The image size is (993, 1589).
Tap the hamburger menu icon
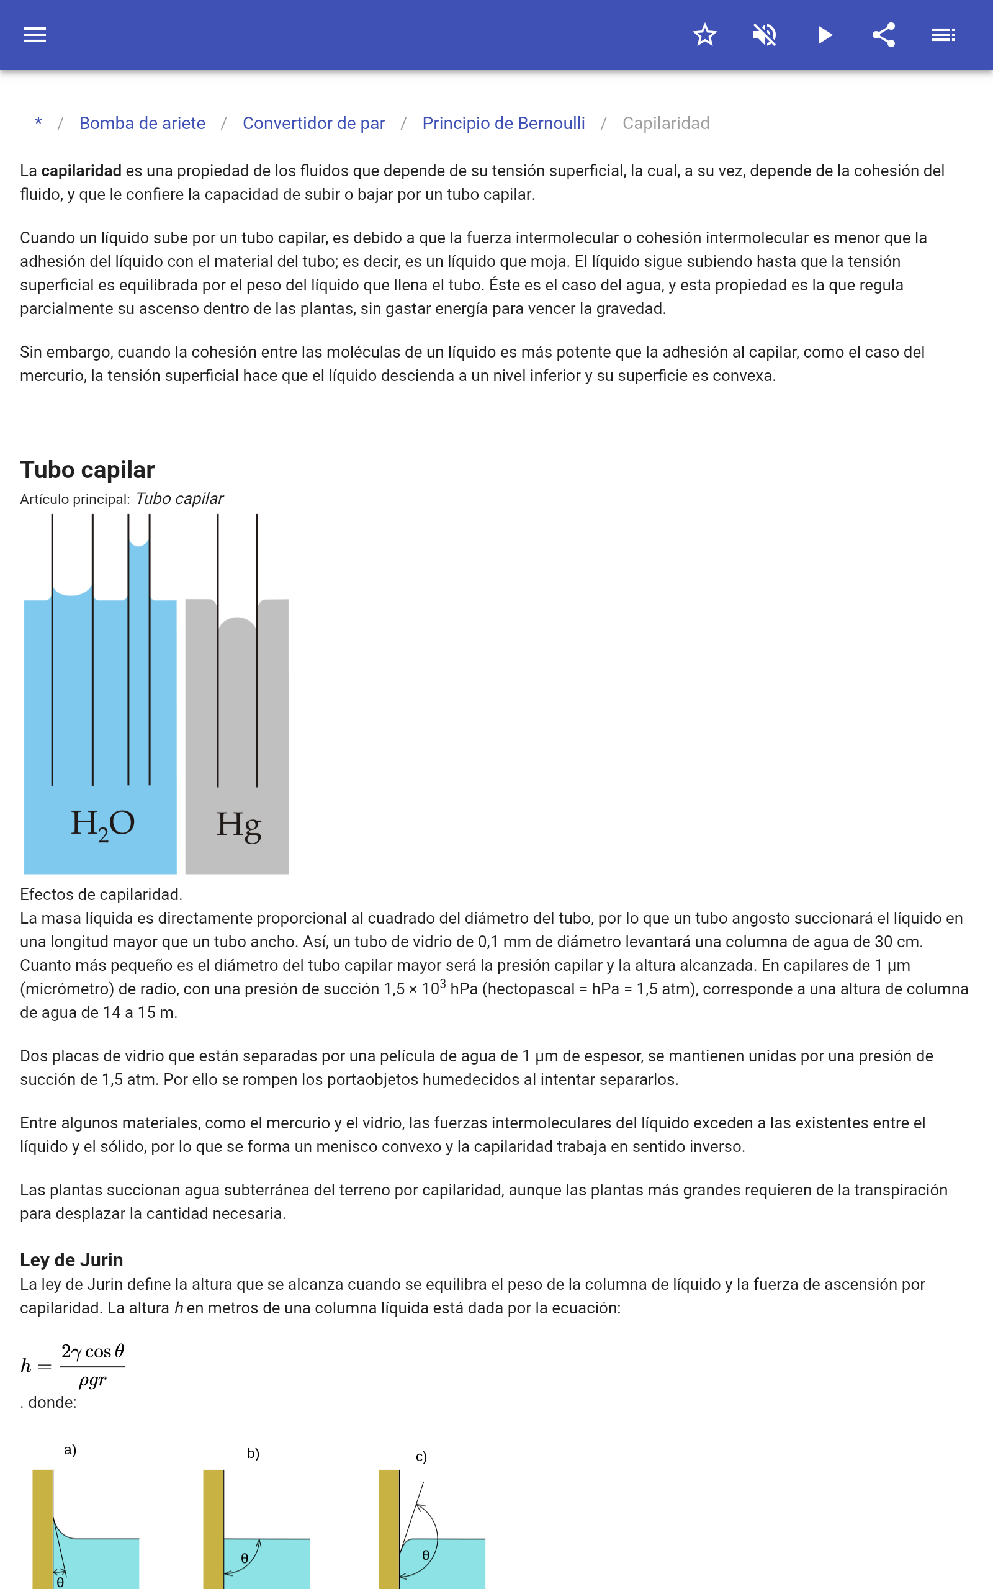[35, 35]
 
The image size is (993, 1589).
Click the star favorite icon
[704, 35]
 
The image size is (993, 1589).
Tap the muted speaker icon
[765, 35]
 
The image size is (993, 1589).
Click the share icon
[884, 35]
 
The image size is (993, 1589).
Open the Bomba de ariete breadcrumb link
[142, 124]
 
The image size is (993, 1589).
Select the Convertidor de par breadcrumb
[313, 124]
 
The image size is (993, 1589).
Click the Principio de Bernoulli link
[503, 124]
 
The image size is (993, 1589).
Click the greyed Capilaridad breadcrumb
[665, 124]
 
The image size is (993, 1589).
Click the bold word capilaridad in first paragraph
[81, 171]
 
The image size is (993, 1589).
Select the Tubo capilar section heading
[88, 469]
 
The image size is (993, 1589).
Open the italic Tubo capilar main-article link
[179, 499]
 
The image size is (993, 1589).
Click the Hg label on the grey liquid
[238, 825]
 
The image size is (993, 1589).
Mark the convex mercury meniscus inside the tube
[237, 623]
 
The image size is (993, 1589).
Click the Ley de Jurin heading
[71, 1259]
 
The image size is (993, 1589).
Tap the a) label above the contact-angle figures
[70, 1450]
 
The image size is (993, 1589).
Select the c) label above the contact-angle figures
[421, 1456]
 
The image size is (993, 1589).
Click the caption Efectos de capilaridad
[101, 894]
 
